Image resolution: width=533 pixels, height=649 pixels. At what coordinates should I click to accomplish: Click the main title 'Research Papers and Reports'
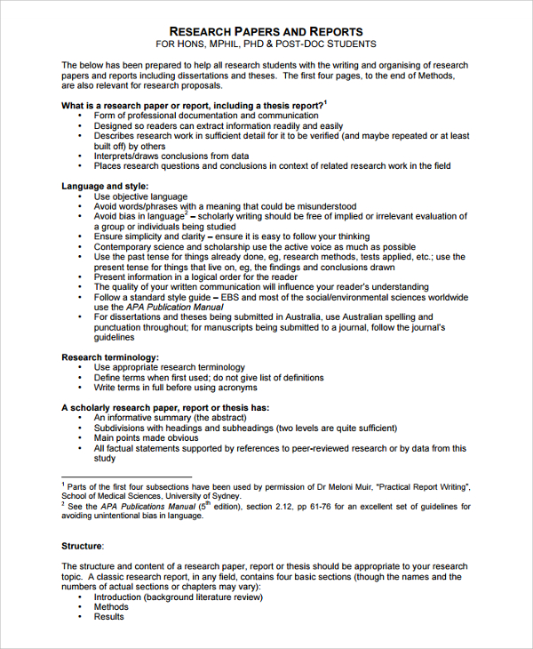pos(266,31)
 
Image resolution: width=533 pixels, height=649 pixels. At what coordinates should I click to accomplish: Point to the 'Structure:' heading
pos(83,546)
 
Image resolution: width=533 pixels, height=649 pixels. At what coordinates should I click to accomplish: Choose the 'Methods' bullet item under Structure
pos(111,607)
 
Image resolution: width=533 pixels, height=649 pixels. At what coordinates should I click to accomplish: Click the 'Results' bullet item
pos(109,617)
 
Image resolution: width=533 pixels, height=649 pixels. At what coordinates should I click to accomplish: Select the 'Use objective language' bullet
pos(140,196)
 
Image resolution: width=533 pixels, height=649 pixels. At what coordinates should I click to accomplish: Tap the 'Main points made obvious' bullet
pos(147,437)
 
